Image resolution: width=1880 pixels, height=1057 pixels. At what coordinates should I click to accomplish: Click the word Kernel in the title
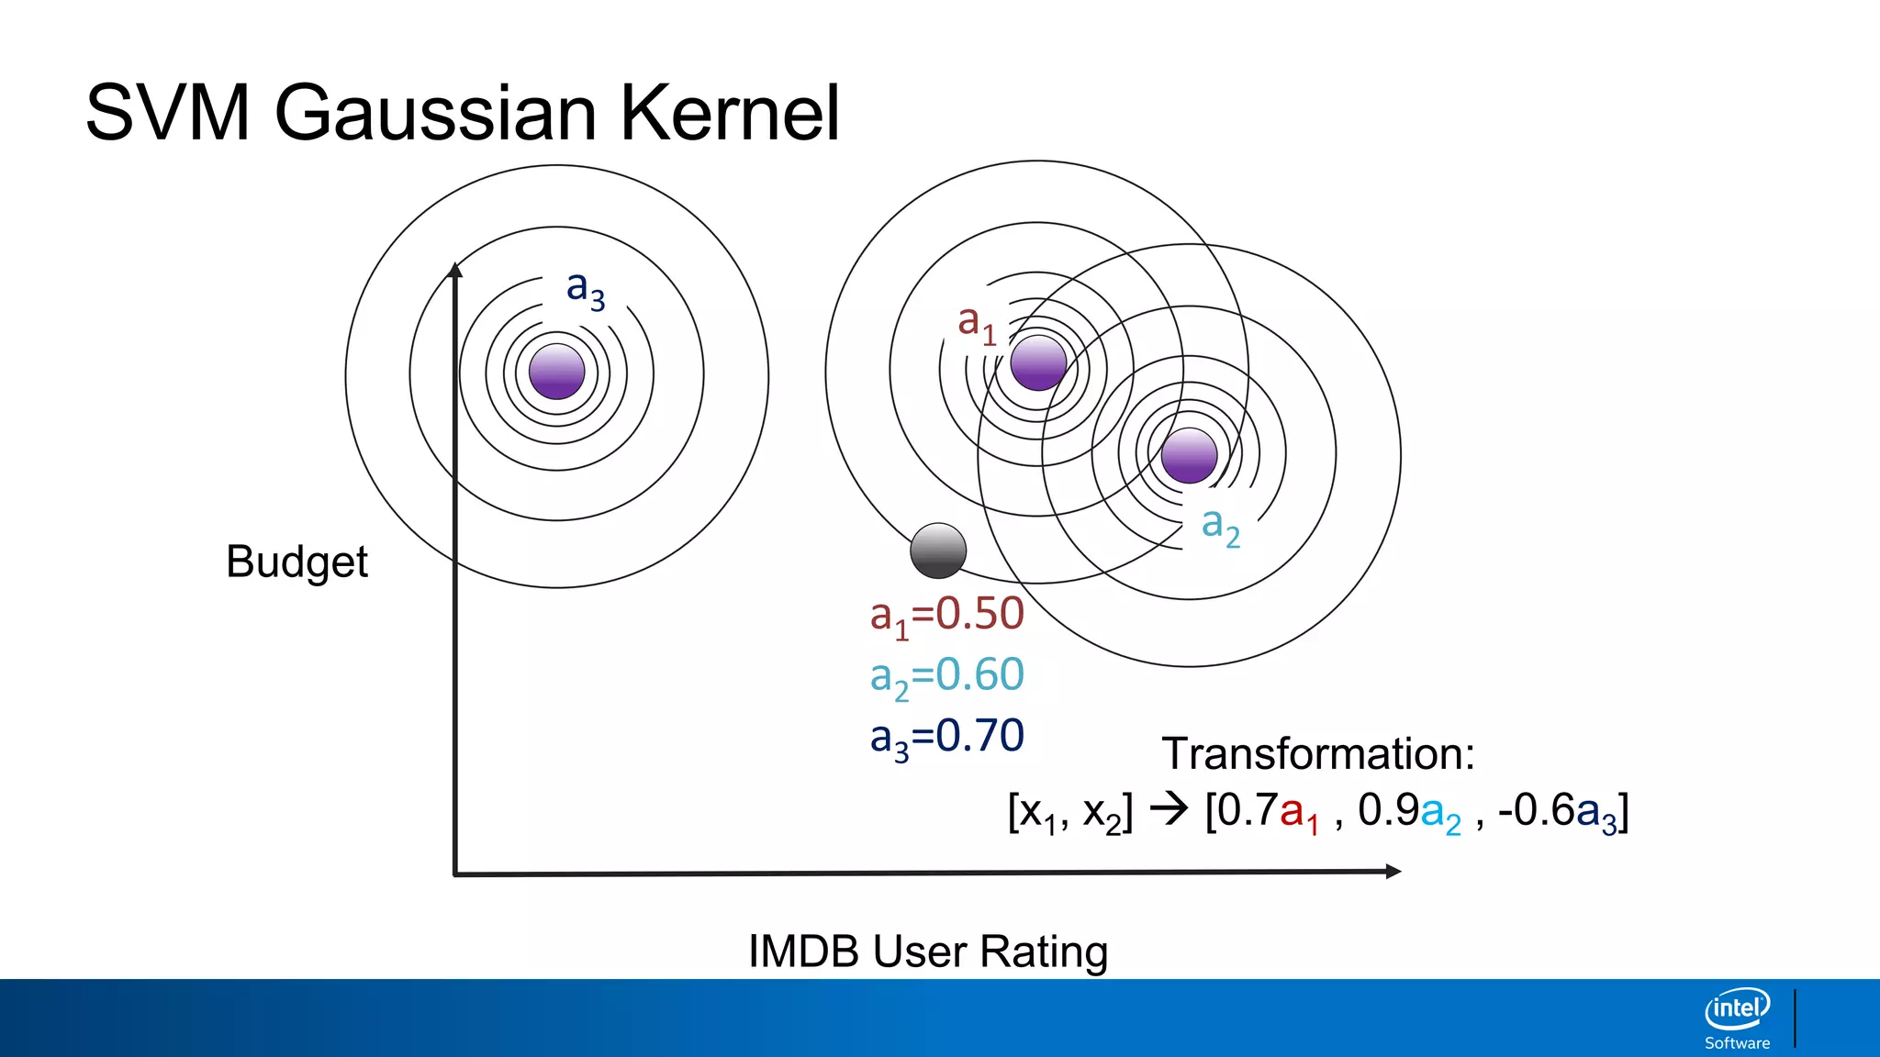tap(730, 114)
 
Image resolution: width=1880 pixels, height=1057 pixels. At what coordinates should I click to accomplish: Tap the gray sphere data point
tap(938, 551)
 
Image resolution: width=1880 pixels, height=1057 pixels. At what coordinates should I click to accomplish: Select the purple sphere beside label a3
tap(557, 372)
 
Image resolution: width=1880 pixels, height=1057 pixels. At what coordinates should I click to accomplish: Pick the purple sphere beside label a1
tap(1038, 363)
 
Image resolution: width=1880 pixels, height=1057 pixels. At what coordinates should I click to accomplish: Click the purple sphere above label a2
tap(1189, 455)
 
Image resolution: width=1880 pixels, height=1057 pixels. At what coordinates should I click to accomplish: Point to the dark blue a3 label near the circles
tap(585, 289)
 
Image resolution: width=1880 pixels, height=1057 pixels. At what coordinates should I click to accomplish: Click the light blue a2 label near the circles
tap(1221, 527)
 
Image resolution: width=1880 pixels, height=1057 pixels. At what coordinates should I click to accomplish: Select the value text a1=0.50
tap(946, 615)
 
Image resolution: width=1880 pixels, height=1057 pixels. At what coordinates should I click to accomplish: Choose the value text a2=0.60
tap(946, 676)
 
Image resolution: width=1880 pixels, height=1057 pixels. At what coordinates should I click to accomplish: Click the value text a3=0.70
tap(946, 737)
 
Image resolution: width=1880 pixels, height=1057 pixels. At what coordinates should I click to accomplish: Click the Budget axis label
tap(297, 562)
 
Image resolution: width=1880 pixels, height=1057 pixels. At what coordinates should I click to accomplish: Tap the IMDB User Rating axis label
tap(928, 951)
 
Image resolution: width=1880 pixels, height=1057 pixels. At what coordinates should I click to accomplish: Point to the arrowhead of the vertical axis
tap(455, 270)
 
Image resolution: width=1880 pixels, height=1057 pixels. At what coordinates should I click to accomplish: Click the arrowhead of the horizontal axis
tap(1393, 871)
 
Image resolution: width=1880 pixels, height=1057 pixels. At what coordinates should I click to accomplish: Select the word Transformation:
tap(1318, 754)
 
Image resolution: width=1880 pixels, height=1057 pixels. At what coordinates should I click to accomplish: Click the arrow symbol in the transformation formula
tap(1169, 809)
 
